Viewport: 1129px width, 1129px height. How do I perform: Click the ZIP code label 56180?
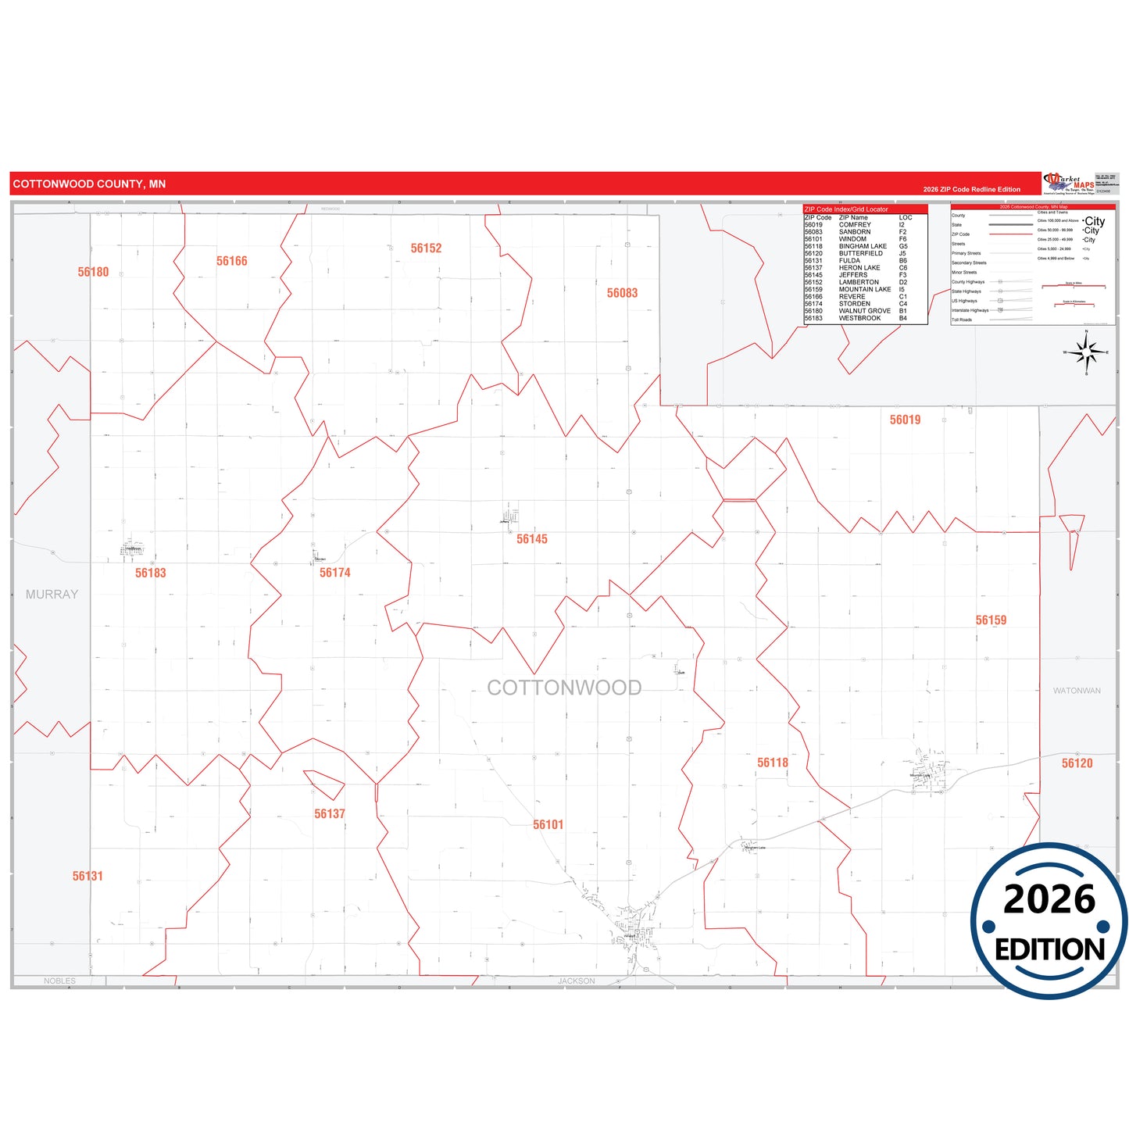coord(93,272)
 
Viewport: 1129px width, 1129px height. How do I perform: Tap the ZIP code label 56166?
coord(231,261)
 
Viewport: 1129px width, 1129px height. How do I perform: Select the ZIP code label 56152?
coord(426,248)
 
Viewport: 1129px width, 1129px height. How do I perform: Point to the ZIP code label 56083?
coord(622,293)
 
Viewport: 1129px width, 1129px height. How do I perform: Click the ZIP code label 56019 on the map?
coord(905,420)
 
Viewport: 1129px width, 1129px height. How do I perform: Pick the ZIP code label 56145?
coord(531,539)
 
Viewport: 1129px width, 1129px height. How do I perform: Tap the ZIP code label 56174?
coord(334,573)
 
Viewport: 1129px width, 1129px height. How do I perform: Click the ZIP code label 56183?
coord(150,573)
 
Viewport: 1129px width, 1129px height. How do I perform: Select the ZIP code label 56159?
coord(991,620)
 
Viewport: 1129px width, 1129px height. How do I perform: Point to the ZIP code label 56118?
coord(772,763)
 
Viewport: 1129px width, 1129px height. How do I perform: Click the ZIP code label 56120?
coord(1077,763)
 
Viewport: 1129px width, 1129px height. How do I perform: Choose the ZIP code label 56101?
coord(548,824)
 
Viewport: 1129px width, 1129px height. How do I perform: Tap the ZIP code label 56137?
coord(329,813)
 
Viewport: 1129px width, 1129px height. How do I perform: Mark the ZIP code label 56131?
coord(88,876)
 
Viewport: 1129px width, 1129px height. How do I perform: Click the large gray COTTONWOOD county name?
coord(564,688)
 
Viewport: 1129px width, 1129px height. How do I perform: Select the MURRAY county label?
coord(52,595)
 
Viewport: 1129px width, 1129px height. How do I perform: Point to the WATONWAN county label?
coord(1077,691)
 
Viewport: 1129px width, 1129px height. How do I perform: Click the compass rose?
coord(1086,353)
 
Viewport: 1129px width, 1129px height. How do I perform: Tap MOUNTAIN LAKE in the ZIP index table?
coord(864,289)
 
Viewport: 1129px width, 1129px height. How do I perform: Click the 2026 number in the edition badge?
coord(1049,899)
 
